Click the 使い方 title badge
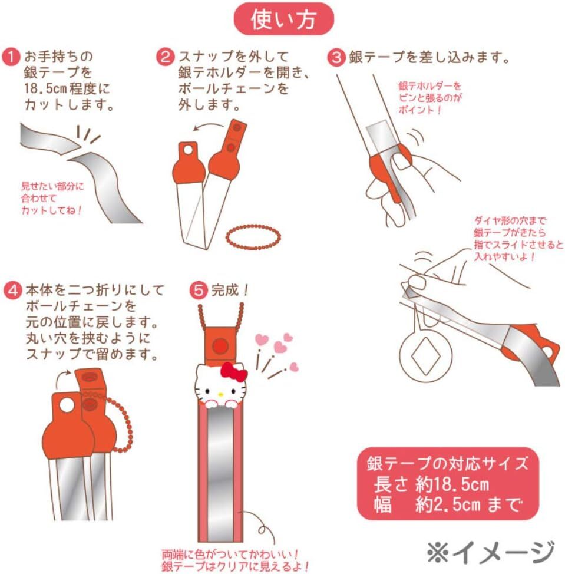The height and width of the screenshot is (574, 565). pos(283,19)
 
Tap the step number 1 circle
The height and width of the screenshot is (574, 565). pos(11,57)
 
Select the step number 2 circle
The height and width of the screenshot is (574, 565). pos(166,57)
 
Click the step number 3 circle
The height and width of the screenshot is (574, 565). pos(336,58)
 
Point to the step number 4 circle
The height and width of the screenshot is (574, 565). pos(13,291)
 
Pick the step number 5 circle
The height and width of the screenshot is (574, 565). pos(199,291)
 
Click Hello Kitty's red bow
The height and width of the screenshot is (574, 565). pos(234,372)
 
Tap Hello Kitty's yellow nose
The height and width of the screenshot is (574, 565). pos(220,395)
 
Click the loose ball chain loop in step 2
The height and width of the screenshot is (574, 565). pos(253,237)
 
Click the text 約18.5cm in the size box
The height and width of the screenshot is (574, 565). pos(452,484)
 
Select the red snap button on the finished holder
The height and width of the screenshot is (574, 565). pos(220,345)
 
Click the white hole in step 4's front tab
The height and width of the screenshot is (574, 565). pos(67,405)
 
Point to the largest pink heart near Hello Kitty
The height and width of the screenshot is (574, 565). pos(280,347)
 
